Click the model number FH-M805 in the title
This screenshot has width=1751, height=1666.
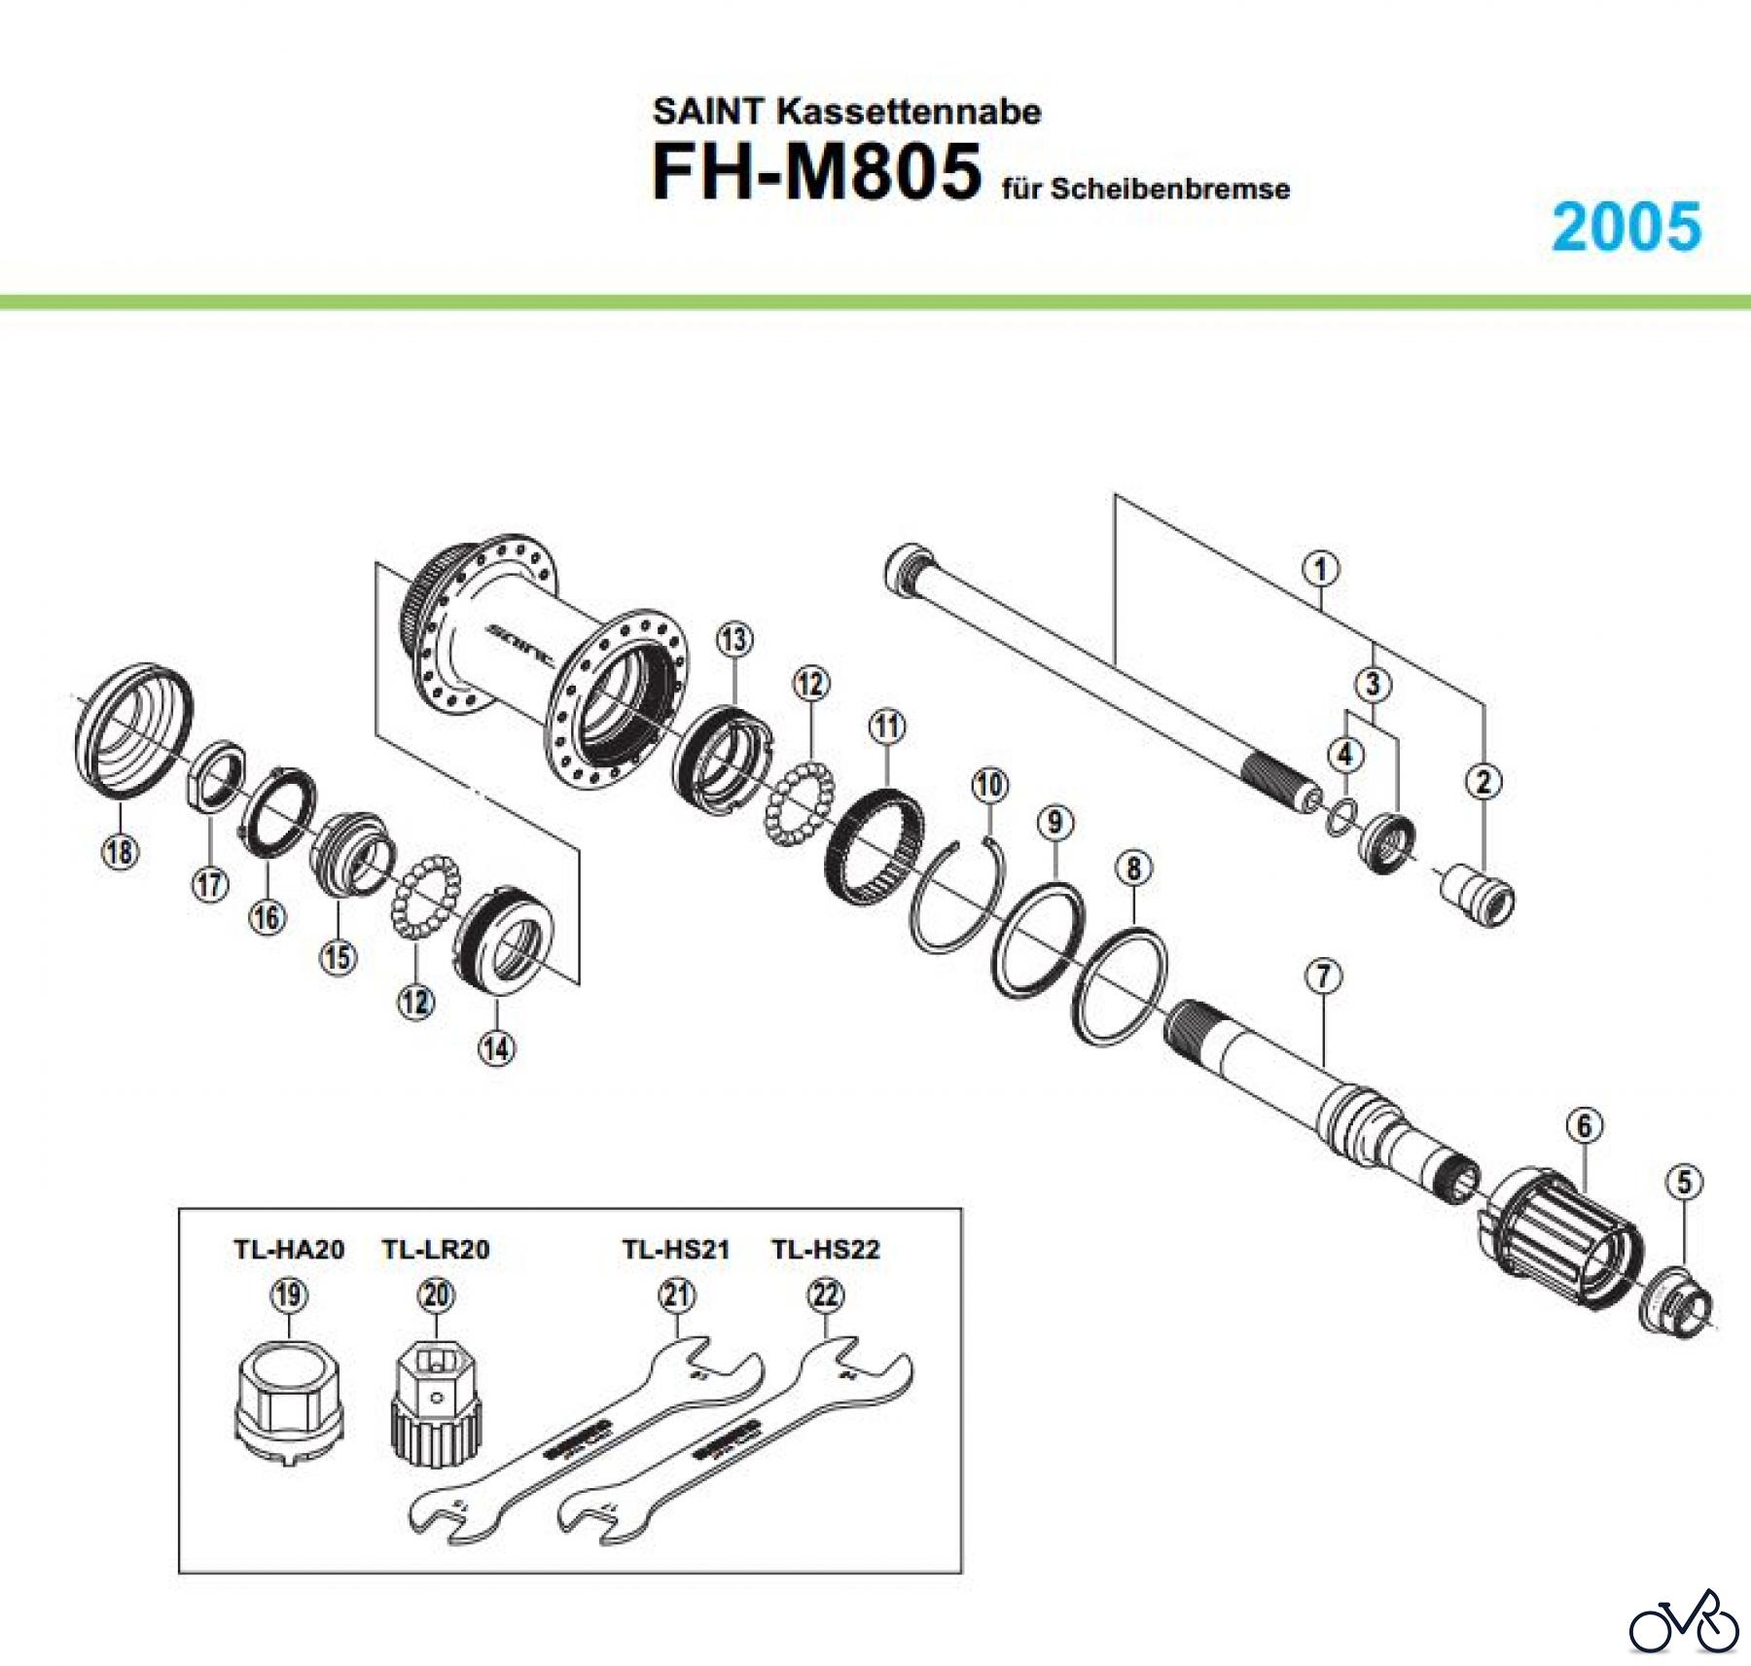pos(815,173)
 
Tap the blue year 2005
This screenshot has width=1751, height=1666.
pos(1626,228)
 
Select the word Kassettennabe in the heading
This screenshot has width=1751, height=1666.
pos(908,112)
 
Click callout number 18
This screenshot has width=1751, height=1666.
pos(120,852)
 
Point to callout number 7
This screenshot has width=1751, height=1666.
pos(1324,975)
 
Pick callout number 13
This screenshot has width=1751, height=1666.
pos(734,640)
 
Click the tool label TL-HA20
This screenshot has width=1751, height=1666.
pos(289,1249)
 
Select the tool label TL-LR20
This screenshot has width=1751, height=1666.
pos(436,1249)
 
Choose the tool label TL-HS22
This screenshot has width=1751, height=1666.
pos(826,1249)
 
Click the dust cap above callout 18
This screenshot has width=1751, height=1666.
pos(134,724)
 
